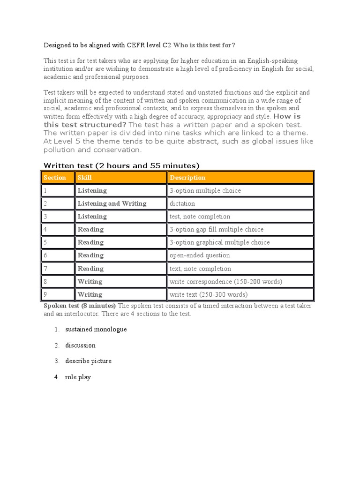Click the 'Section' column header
point(54,178)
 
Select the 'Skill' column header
point(85,178)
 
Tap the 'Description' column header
point(187,178)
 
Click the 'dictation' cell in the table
point(182,203)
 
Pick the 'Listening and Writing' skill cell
point(112,203)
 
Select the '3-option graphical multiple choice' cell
point(220,242)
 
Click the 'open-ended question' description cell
point(200,255)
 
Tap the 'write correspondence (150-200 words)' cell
point(226,281)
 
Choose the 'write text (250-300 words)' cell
point(209,294)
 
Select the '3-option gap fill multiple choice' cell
point(217,229)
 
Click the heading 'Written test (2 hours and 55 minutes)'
point(121,165)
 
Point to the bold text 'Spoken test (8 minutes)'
point(80,306)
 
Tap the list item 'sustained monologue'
point(96,329)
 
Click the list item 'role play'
point(78,377)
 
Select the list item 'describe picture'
point(88,361)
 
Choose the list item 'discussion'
point(80,345)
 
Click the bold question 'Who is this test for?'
point(204,45)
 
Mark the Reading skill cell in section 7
point(90,269)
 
